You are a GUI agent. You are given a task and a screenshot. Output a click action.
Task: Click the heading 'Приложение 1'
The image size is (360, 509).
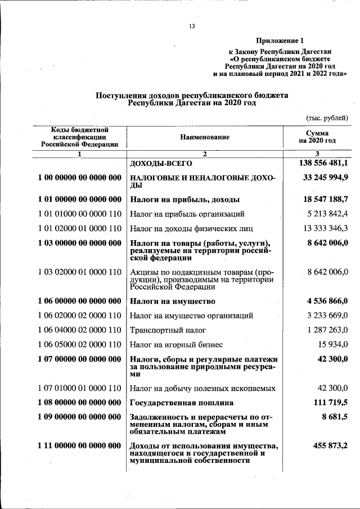(280, 40)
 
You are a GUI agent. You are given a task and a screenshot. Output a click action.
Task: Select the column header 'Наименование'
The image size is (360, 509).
(205, 137)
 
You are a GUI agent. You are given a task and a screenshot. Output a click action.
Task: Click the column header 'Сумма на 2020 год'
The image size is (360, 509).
(317, 137)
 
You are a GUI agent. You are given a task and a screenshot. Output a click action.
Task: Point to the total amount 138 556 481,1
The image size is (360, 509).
(322, 163)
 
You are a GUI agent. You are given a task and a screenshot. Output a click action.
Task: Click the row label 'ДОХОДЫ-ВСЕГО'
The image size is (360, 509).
(161, 164)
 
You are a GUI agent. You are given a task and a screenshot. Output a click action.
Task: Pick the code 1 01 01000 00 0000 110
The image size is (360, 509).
(80, 214)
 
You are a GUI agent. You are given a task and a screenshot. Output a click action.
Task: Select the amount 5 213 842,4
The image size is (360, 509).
(327, 214)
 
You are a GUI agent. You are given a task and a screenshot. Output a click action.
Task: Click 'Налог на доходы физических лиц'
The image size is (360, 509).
(183, 228)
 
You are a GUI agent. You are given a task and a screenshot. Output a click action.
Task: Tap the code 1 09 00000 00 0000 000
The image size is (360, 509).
(80, 417)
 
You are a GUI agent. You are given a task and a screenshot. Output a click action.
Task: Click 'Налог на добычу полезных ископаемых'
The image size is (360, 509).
(202, 388)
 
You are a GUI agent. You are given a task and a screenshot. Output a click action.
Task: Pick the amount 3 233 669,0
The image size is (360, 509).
(327, 316)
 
